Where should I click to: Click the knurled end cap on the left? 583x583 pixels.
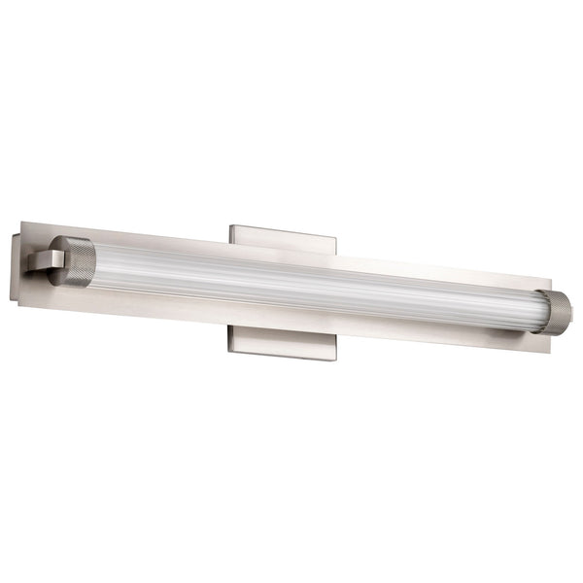pos(74,260)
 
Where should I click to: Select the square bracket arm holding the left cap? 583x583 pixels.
pos(41,260)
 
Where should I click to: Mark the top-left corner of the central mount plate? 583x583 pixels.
pos(230,226)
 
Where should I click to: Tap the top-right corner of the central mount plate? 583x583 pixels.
pos(336,233)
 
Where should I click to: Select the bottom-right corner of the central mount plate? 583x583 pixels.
pos(335,360)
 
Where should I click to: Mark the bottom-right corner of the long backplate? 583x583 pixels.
pos(550,352)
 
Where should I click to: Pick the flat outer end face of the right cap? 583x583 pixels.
pos(567,313)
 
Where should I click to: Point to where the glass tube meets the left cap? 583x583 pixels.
pos(95,262)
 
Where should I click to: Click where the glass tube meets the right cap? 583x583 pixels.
pos(533,310)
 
